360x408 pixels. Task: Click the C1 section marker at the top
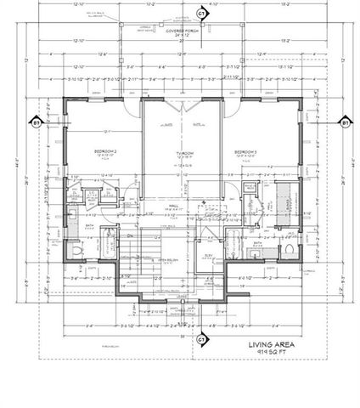click(x=201, y=14)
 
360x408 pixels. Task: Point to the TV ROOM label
click(x=184, y=153)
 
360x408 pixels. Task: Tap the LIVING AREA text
click(x=271, y=346)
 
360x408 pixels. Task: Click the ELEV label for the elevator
click(x=209, y=255)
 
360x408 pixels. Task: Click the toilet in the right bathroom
click(x=290, y=249)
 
